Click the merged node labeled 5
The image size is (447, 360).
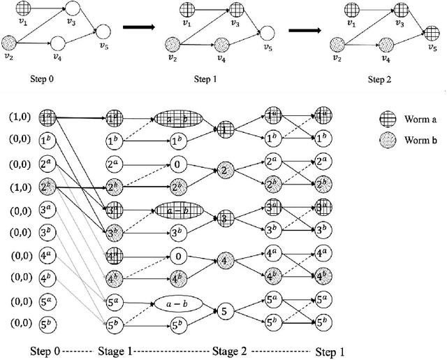coord(223,309)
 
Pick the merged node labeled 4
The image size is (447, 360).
coord(223,263)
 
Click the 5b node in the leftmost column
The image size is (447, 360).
coord(47,324)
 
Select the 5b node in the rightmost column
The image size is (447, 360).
coord(323,324)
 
